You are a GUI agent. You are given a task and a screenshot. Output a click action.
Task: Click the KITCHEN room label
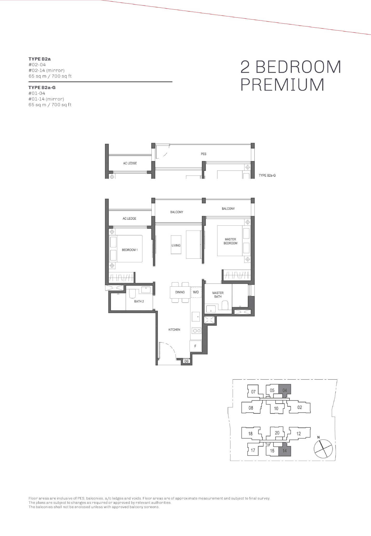click(x=174, y=330)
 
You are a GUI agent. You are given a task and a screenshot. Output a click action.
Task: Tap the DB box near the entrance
click(x=187, y=361)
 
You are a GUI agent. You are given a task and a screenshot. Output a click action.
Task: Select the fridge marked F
click(x=196, y=346)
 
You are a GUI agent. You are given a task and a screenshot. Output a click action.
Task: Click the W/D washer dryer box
click(x=196, y=292)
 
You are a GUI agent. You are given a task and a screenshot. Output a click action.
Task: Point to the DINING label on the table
click(x=180, y=292)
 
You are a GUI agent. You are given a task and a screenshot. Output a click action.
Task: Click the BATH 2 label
click(x=139, y=301)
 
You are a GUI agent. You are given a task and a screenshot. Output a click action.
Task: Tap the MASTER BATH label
click(x=218, y=294)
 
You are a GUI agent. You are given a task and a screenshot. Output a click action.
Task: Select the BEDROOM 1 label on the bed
click(x=130, y=250)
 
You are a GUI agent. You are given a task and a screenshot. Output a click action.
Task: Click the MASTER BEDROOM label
click(x=230, y=241)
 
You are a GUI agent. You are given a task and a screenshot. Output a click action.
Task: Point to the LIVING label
click(x=176, y=245)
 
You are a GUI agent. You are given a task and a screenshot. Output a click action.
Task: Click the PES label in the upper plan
click(x=203, y=154)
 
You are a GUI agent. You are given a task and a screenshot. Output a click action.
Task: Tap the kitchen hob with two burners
click(x=196, y=331)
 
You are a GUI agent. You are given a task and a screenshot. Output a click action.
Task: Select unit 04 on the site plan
click(x=285, y=391)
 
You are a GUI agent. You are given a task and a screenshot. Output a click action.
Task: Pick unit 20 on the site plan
click(x=277, y=433)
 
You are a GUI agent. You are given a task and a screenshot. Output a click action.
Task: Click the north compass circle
click(x=323, y=449)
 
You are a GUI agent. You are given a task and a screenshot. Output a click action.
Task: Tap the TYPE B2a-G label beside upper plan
click(x=267, y=176)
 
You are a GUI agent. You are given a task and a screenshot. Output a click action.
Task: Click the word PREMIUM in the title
click(x=282, y=85)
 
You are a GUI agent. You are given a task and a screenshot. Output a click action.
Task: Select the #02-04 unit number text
click(x=37, y=65)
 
